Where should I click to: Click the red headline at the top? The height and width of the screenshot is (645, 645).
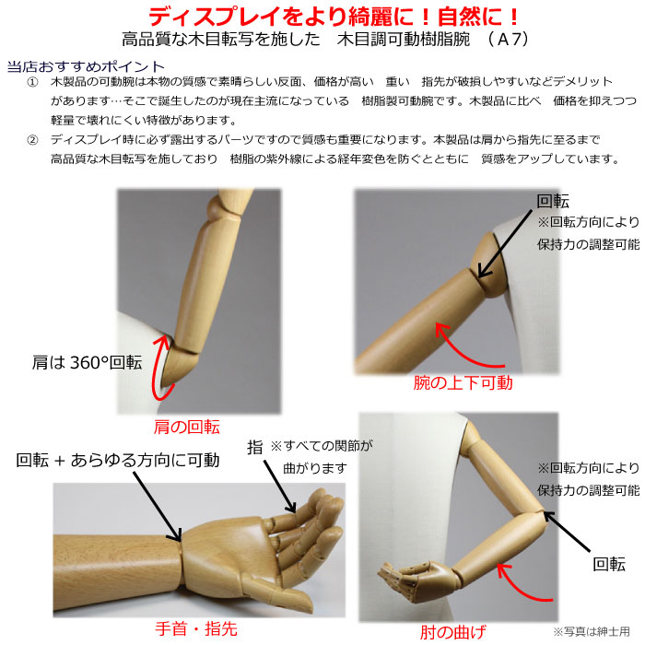334,17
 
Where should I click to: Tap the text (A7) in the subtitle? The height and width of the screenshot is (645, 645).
508,40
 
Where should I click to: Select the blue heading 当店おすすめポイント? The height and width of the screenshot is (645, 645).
86,66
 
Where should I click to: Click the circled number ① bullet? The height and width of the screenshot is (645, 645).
32,82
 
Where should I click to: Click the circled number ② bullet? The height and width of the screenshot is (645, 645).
32,140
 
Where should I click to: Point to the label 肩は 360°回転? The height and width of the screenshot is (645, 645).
87,362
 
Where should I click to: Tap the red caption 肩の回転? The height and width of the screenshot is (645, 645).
187,427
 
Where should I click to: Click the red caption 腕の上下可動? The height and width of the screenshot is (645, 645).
463,383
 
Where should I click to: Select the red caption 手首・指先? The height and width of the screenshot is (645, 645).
196,629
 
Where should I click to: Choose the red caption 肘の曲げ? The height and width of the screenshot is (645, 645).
453,632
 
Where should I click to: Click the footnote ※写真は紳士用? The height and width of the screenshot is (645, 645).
592,631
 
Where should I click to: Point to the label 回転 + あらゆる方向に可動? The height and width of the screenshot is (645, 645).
118,461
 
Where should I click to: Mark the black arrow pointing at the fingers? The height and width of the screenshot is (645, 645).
280,487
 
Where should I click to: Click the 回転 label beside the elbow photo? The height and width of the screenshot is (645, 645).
609,564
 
